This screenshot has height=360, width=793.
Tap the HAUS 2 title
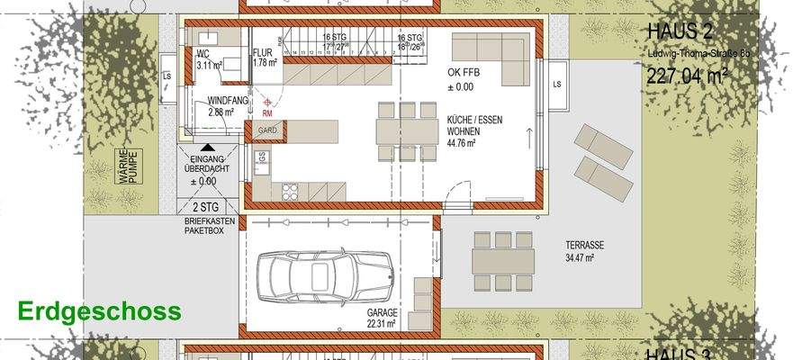(680, 32)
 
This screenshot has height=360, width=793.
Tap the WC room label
(203, 54)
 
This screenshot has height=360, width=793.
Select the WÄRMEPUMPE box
(126, 168)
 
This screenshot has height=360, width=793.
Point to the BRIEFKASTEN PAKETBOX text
(204, 224)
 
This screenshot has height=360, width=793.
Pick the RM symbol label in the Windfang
(267, 114)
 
